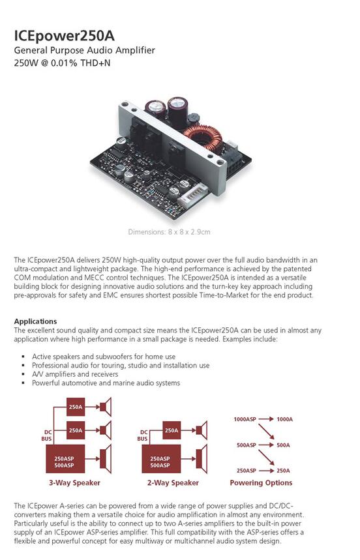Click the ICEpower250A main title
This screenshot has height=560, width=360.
click(x=65, y=37)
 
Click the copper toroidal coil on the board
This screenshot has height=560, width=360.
click(x=203, y=135)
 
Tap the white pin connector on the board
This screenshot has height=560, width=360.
click(x=192, y=195)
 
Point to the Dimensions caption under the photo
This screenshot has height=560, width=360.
click(x=169, y=232)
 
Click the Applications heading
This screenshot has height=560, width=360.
click(x=35, y=321)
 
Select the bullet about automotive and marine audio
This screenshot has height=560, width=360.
click(x=106, y=383)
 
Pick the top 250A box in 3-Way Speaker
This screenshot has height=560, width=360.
click(x=76, y=407)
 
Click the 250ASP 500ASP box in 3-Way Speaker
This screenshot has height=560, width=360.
click(x=65, y=459)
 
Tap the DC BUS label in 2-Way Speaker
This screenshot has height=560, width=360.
click(x=142, y=435)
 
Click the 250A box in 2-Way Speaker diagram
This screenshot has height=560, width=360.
click(x=172, y=430)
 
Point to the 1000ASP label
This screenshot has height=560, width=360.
click(x=245, y=419)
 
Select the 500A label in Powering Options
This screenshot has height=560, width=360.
click(x=283, y=445)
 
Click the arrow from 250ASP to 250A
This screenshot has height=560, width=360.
click(x=266, y=471)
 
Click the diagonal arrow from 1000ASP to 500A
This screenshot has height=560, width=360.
click(x=266, y=432)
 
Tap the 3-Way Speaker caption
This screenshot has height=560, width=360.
click(x=74, y=483)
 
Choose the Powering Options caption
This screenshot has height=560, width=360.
click(x=261, y=483)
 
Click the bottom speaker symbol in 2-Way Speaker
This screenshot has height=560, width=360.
click(x=202, y=459)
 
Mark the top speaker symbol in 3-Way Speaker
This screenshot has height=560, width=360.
click(x=106, y=407)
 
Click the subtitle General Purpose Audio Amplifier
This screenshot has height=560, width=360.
click(x=84, y=50)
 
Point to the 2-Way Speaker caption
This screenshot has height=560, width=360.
click(x=173, y=483)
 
